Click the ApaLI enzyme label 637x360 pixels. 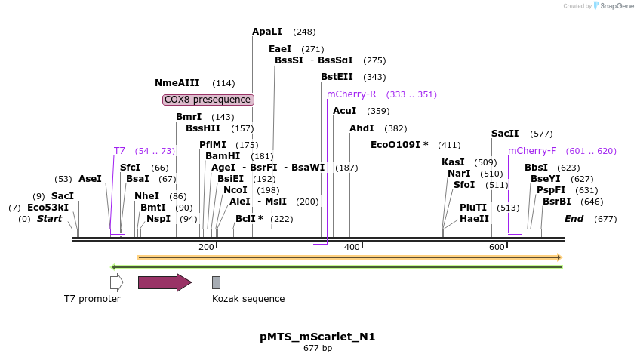tap(267, 32)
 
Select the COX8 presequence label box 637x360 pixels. tap(208, 100)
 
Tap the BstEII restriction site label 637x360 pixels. tap(337, 77)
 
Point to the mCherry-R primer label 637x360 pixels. tap(351, 94)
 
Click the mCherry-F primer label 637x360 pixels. tap(532, 151)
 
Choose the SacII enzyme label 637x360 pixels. tap(505, 134)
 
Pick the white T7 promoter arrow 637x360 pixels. tap(116, 282)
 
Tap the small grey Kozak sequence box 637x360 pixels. tap(216, 282)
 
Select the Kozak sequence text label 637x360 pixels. tap(248, 299)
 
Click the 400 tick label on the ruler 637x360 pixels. tap(352, 248)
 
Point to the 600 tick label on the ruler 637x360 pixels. tap(497, 248)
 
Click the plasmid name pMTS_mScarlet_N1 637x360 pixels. tap(318, 337)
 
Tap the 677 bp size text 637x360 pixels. tap(318, 349)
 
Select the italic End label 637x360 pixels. tap(574, 220)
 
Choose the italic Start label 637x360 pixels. tap(49, 220)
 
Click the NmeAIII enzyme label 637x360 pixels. tap(177, 83)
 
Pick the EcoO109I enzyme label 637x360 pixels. tap(399, 145)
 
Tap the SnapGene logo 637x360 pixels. tap(613, 6)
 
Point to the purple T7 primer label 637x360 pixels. tap(119, 151)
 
